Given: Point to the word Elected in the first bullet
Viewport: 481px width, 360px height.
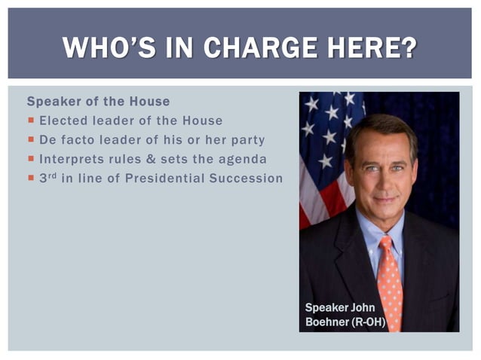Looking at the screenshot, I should click(x=62, y=121).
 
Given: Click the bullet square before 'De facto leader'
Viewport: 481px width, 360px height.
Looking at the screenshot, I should click(x=31, y=140).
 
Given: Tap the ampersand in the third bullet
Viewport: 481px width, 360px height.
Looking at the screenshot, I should click(x=151, y=159).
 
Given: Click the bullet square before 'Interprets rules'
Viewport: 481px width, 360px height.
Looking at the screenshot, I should click(x=31, y=159).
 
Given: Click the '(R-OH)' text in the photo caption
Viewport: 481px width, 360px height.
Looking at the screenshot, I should click(x=368, y=321).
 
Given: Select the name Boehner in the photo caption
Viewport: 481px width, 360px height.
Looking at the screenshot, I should click(x=327, y=321).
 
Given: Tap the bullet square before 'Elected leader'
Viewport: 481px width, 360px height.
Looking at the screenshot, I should click(x=31, y=121).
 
